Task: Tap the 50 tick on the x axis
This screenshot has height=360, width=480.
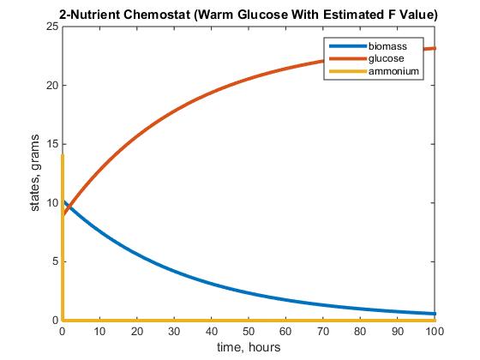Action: click(249, 330)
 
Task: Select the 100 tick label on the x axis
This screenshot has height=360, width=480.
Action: click(435, 330)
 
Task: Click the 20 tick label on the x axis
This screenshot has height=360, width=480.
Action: click(137, 330)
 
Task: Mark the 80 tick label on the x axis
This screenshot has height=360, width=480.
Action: click(360, 330)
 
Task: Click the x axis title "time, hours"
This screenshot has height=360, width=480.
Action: click(249, 346)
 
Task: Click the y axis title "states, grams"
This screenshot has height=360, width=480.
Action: click(36, 173)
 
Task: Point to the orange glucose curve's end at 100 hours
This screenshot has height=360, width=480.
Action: click(435, 48)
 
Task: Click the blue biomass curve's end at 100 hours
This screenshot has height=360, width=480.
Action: click(435, 314)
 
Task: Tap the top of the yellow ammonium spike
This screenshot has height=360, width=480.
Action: click(63, 155)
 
